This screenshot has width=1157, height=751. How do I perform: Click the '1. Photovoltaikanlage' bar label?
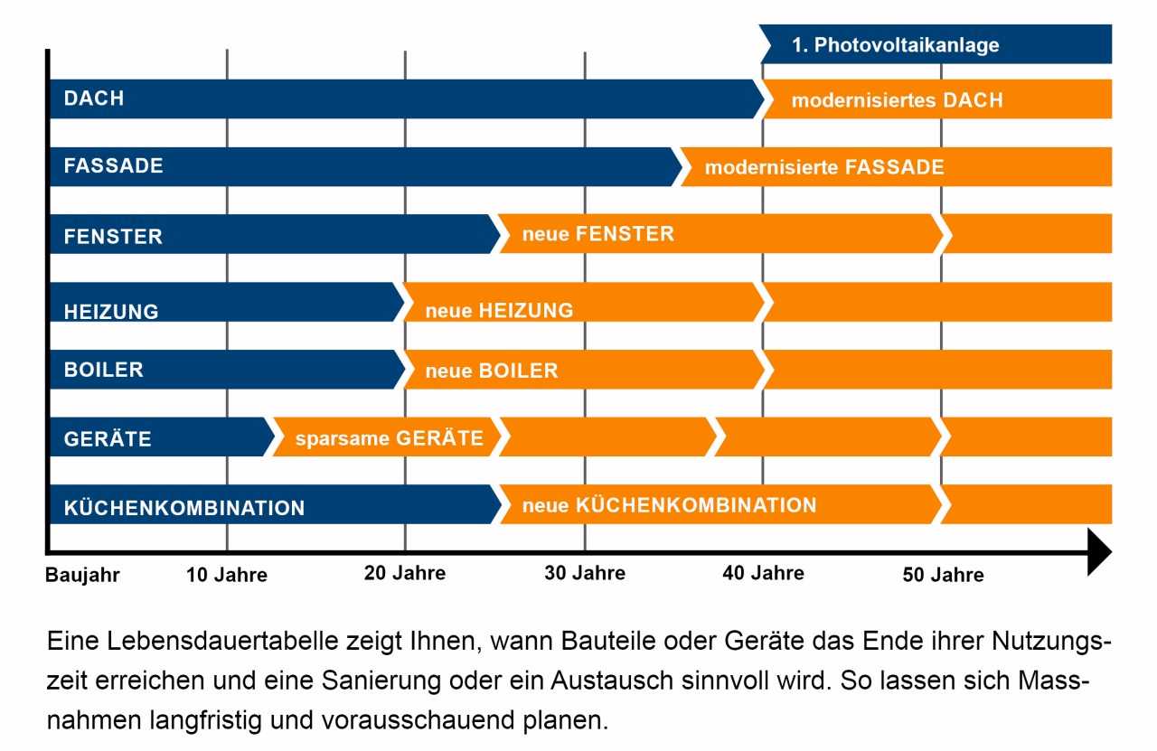[895, 45]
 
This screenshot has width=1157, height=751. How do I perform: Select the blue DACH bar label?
[94, 99]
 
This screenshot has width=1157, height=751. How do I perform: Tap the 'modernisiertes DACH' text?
[897, 100]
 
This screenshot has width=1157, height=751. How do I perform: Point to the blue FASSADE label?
[113, 166]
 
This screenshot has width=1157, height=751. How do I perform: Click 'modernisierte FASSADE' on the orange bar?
[823, 167]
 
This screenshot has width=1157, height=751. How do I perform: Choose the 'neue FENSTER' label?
[597, 234]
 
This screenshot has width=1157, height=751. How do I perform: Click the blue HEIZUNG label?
[111, 311]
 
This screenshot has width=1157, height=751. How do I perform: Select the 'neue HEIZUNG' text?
[499, 311]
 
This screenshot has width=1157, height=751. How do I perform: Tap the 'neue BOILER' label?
[491, 371]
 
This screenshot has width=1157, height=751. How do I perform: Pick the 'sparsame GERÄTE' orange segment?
[389, 438]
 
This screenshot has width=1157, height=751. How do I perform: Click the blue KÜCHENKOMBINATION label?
[184, 508]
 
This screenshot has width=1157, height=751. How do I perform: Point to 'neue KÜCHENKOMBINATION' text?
[669, 505]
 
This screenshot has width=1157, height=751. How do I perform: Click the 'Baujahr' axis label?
[82, 575]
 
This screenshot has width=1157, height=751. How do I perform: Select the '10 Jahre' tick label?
[227, 575]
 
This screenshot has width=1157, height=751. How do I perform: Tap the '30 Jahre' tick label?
[585, 573]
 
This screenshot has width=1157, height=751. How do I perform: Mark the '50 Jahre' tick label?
[943, 575]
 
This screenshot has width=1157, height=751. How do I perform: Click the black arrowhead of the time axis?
[1098, 552]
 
